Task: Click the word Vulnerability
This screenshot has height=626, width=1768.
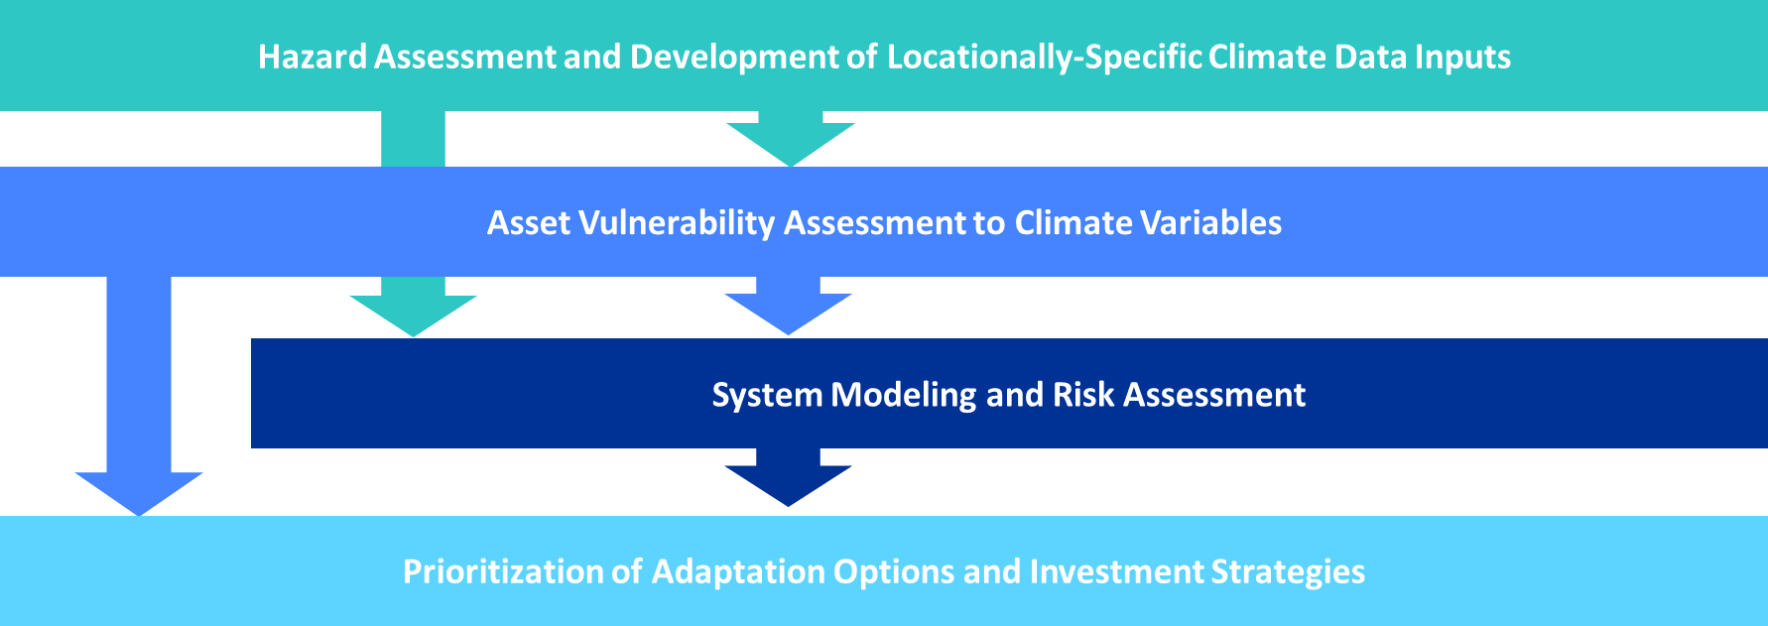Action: coord(676,222)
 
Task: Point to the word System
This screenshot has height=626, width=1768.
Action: coord(767,395)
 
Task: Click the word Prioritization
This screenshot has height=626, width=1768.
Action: coord(502,571)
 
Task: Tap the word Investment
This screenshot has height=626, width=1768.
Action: coord(1116,571)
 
